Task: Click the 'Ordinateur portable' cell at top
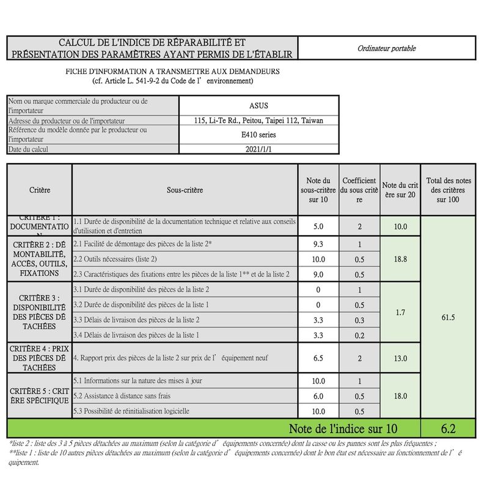(386, 48)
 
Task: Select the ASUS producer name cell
(258, 106)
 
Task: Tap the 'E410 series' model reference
(258, 134)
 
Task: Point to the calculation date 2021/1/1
(258, 149)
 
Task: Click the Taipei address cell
(258, 120)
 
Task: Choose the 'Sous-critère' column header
(185, 190)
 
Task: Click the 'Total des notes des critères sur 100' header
(449, 190)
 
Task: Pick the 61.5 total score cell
(449, 318)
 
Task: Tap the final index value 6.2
(449, 429)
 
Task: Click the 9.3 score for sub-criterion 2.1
(318, 244)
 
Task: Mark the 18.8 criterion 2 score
(400, 259)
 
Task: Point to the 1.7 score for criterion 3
(400, 312)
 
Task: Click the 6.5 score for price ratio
(318, 358)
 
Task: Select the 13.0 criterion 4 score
(400, 358)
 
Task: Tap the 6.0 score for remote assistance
(318, 396)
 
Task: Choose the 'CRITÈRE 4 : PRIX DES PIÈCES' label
(39, 358)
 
